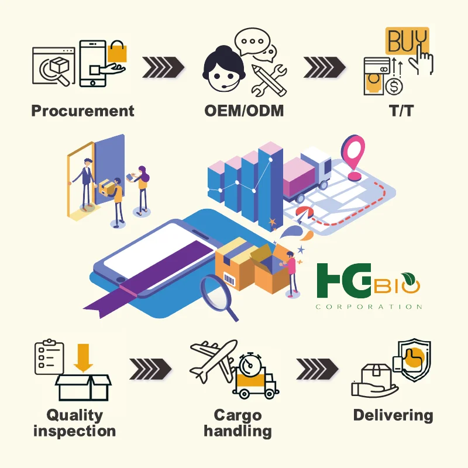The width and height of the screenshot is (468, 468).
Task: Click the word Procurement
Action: click(x=82, y=111)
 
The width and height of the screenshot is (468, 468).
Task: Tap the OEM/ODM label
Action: click(x=244, y=111)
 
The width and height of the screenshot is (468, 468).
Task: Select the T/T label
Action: click(x=401, y=111)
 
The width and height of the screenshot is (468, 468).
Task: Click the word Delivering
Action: click(x=393, y=416)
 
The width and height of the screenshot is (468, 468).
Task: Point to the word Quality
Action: click(x=75, y=415)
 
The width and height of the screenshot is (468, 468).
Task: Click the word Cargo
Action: click(x=238, y=415)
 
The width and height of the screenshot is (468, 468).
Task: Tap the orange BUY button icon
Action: click(x=407, y=41)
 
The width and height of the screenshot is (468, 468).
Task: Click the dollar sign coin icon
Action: click(x=394, y=87)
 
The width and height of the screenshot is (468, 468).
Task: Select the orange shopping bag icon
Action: click(x=117, y=51)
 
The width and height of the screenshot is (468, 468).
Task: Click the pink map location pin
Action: click(x=353, y=157)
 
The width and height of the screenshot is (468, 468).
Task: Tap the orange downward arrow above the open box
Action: click(x=83, y=357)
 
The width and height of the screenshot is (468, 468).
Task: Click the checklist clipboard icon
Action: click(x=49, y=357)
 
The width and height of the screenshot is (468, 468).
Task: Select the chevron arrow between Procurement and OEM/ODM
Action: click(x=163, y=67)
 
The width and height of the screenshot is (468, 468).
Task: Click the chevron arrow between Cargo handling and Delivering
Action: click(x=317, y=369)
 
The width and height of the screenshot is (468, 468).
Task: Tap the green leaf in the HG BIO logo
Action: click(x=408, y=278)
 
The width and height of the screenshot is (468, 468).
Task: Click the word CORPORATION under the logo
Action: click(x=369, y=307)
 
